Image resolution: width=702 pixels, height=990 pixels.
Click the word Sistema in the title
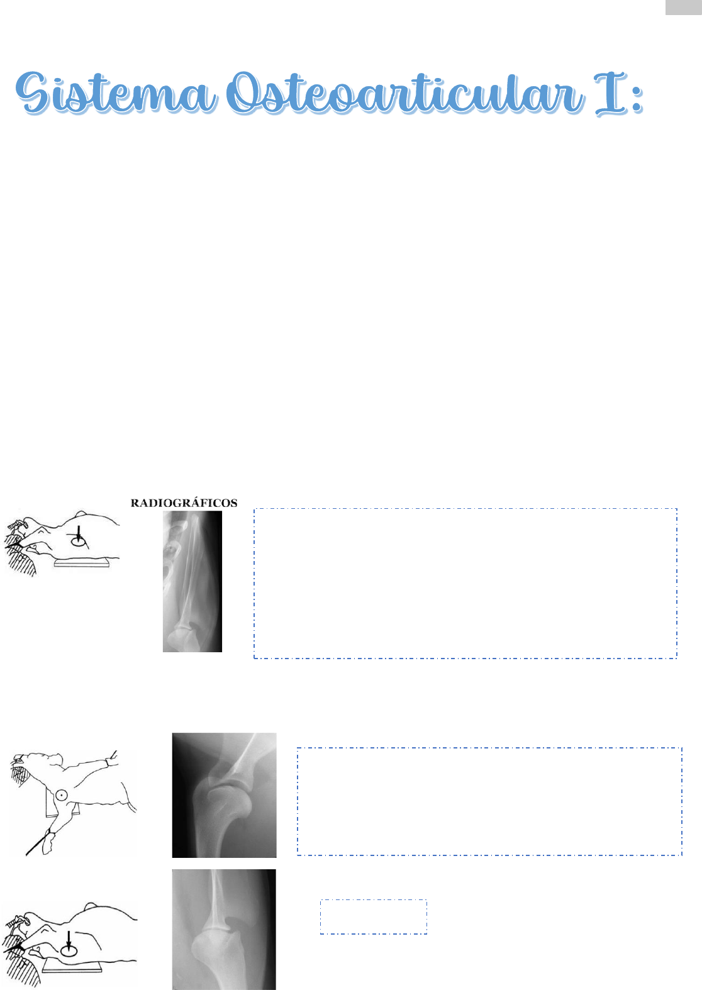(116, 93)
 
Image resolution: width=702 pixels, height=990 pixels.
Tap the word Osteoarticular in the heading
(404, 93)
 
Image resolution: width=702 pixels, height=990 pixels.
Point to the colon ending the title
(637, 99)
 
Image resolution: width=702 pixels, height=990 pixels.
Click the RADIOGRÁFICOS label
(184, 503)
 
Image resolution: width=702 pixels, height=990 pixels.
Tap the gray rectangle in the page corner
(683, 8)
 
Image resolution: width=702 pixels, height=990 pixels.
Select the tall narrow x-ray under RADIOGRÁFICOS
(192, 581)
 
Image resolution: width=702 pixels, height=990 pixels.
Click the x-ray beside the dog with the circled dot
(224, 795)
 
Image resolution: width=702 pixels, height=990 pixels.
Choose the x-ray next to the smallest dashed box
(224, 930)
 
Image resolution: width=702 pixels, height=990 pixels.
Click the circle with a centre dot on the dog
(62, 795)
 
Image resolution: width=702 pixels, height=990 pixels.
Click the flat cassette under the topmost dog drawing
(82, 563)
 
